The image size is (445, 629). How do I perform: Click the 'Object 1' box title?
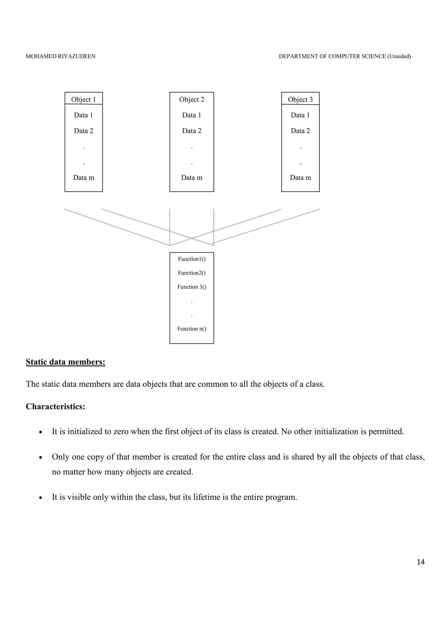83,99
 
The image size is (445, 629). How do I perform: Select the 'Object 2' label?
191,99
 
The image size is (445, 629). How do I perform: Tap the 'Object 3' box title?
300,99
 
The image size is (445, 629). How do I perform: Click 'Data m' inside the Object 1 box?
83,178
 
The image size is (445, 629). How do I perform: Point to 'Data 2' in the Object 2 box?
191,131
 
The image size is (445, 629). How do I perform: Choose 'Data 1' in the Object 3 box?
300,115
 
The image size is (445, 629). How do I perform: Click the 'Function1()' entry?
191,259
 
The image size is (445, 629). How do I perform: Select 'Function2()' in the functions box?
191,273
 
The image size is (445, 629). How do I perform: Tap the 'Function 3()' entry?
191,287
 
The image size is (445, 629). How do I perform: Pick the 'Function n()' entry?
191,329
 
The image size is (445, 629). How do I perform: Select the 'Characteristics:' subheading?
55,407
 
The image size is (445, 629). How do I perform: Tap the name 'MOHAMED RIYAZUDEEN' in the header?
61,56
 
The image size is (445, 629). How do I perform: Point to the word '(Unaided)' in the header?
399,56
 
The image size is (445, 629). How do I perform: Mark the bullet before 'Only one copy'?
41,458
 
